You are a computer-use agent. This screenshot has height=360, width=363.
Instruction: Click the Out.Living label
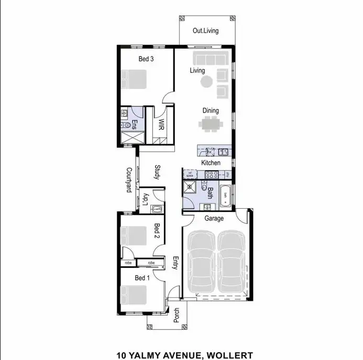click(x=205, y=31)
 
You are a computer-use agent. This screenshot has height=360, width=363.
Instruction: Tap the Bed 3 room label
click(x=146, y=59)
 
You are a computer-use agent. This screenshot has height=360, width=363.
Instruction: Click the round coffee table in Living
click(x=207, y=81)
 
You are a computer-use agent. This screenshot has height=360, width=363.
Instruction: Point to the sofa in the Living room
click(x=209, y=58)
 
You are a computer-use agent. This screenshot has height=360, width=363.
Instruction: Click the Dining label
click(x=211, y=111)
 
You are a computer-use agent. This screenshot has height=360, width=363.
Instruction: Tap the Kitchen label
click(x=211, y=163)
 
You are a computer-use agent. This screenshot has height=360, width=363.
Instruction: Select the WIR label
click(x=162, y=125)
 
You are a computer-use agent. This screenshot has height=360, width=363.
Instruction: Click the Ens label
click(x=134, y=125)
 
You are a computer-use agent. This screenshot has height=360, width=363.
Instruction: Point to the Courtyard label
click(x=128, y=180)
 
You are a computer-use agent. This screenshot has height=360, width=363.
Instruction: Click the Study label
click(x=157, y=173)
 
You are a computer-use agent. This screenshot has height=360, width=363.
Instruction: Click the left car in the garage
click(x=201, y=262)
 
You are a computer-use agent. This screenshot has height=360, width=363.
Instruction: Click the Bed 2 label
click(x=156, y=230)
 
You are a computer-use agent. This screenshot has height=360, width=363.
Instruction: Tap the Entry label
click(x=175, y=263)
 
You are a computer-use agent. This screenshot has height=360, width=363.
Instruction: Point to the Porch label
click(x=177, y=314)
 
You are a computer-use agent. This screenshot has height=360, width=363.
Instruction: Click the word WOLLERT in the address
click(x=229, y=355)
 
